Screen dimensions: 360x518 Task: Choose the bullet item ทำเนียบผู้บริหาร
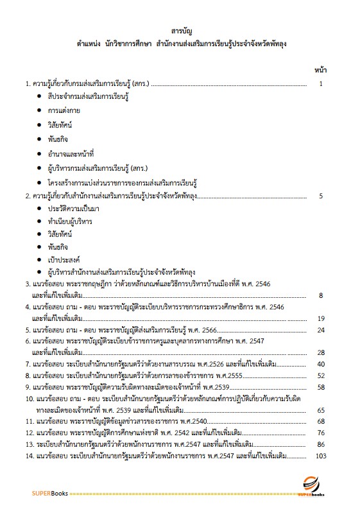click(69, 221)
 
